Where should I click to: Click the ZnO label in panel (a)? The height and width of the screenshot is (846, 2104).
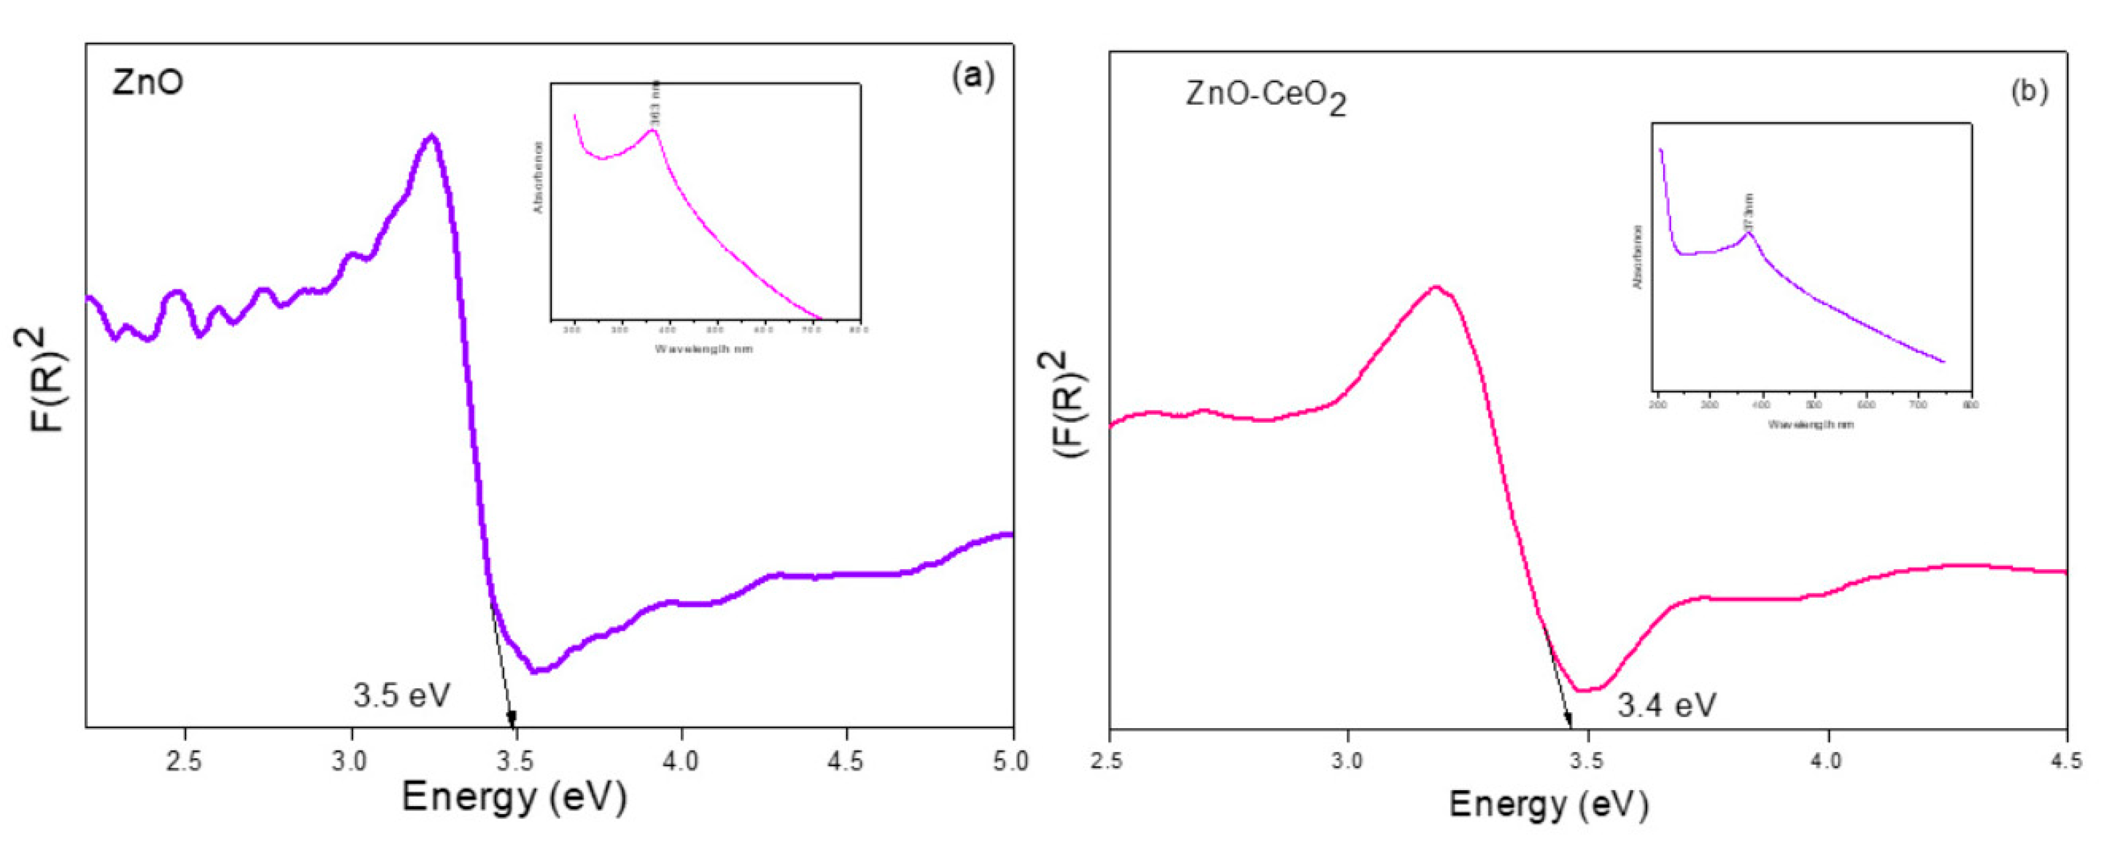pyautogui.click(x=148, y=83)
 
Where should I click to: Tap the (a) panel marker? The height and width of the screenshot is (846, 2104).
pyautogui.click(x=973, y=77)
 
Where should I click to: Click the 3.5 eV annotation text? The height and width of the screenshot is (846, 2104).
pyautogui.click(x=401, y=696)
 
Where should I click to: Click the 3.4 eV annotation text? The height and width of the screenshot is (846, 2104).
pyautogui.click(x=1666, y=705)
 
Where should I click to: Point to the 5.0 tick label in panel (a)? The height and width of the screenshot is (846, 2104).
pyautogui.click(x=1010, y=761)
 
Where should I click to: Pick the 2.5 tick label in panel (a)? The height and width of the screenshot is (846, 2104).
pyautogui.click(x=185, y=761)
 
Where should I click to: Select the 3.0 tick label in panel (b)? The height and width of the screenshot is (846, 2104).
pyautogui.click(x=1348, y=761)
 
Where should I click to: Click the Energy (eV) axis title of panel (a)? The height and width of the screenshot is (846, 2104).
pyautogui.click(x=514, y=797)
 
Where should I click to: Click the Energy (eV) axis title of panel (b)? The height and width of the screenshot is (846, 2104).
pyautogui.click(x=1549, y=805)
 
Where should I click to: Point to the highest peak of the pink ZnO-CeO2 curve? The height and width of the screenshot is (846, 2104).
pyautogui.click(x=1436, y=288)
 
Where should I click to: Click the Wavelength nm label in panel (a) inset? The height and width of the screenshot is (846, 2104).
pyautogui.click(x=703, y=349)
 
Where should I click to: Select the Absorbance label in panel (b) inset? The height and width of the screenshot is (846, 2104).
pyautogui.click(x=1637, y=256)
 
